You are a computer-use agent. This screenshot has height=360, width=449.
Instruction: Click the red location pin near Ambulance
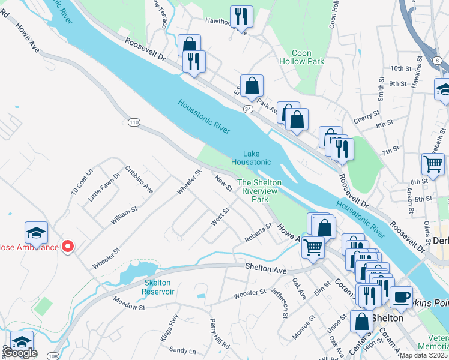click(x=68, y=246)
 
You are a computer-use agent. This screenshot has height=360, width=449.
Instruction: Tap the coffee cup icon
click(x=401, y=297)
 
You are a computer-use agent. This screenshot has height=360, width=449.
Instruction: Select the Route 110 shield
click(x=134, y=122)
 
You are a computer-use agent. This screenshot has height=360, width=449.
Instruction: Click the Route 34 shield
click(x=247, y=109)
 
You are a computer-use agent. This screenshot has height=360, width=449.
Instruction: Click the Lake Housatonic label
click(x=251, y=158)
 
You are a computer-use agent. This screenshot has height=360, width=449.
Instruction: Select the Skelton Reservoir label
click(x=159, y=287)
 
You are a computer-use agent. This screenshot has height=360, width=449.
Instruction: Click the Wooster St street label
click(x=250, y=293)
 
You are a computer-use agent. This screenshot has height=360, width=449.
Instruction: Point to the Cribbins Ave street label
click(x=139, y=179)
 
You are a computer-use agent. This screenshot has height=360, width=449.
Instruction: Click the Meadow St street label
click(x=129, y=304)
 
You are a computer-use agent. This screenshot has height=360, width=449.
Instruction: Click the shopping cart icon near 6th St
click(x=433, y=164)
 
